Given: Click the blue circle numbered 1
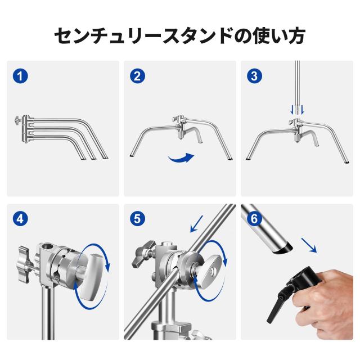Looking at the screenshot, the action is click(x=20, y=76).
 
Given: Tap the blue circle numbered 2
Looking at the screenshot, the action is click(x=137, y=76).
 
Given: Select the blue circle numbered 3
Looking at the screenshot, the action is click(x=254, y=76).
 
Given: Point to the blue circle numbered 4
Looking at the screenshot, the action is click(x=20, y=219).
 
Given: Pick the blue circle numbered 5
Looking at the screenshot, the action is click(x=137, y=219).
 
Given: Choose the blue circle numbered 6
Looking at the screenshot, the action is click(x=254, y=219).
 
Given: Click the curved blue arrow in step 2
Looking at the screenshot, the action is click(x=181, y=159).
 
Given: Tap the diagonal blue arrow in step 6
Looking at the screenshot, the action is click(x=309, y=245).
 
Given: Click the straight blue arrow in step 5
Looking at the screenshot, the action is click(x=197, y=224).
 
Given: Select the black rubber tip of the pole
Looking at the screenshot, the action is click(x=283, y=249).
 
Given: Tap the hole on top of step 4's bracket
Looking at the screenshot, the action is click(x=48, y=247).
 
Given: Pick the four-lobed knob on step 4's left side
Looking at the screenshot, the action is click(x=24, y=264).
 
